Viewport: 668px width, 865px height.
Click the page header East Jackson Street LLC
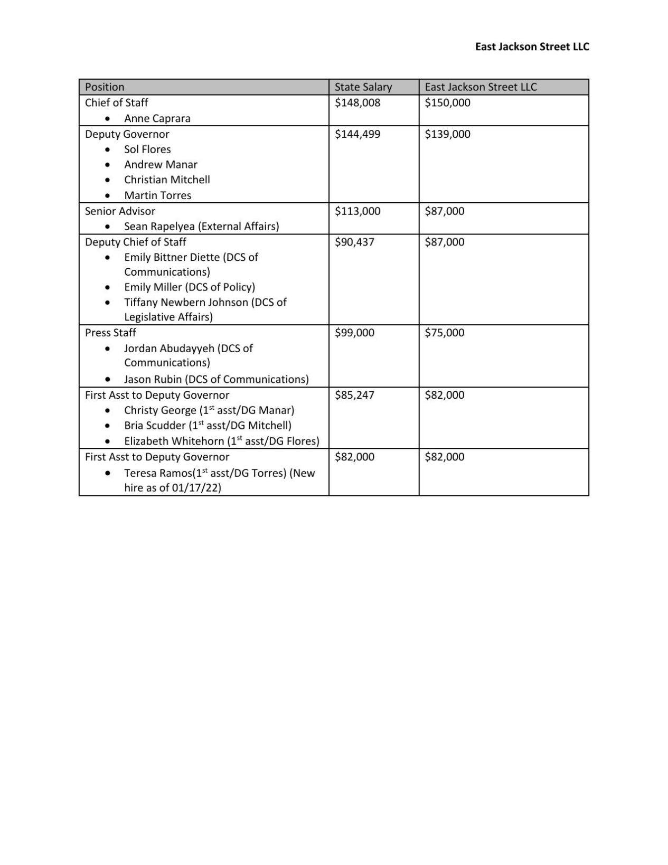pyautogui.click(x=532, y=46)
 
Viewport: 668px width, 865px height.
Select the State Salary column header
pyautogui.click(x=363, y=87)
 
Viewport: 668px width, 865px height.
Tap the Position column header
pyautogui.click(x=105, y=87)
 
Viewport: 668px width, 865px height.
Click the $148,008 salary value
pyautogui.click(x=357, y=102)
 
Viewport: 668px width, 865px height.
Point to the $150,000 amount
pyautogui.click(x=447, y=102)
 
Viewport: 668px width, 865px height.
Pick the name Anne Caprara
pyautogui.click(x=157, y=118)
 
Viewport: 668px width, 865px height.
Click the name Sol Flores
pyautogui.click(x=147, y=149)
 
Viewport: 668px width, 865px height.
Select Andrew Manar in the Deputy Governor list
pyautogui.click(x=161, y=165)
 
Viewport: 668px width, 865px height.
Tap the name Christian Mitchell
pyautogui.click(x=167, y=180)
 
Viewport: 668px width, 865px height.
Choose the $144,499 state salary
pyautogui.click(x=357, y=134)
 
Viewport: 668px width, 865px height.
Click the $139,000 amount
pyautogui.click(x=447, y=134)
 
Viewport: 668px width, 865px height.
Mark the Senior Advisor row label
pyautogui.click(x=120, y=211)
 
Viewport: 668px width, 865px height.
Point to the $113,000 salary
pyautogui.click(x=357, y=211)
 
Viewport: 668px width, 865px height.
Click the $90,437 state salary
pyautogui.click(x=354, y=242)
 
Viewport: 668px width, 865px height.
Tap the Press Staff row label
pyautogui.click(x=110, y=333)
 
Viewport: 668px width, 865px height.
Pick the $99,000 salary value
pyautogui.click(x=354, y=333)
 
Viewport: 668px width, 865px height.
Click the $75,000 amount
pyautogui.click(x=445, y=333)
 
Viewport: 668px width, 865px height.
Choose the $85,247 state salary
pyautogui.click(x=354, y=395)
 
